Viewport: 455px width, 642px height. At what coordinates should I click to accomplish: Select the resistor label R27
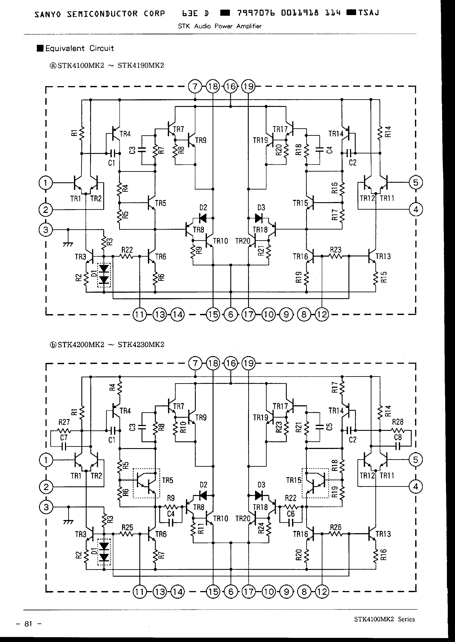pyautogui.click(x=64, y=422)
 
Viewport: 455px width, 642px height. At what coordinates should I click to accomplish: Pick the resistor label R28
pyautogui.click(x=397, y=422)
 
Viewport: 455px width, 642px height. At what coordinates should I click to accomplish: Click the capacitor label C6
pyautogui.click(x=291, y=514)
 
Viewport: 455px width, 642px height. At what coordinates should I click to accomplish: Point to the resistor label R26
pyautogui.click(x=335, y=527)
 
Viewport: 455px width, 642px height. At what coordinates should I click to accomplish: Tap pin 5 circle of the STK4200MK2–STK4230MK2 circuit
pyautogui.click(x=415, y=460)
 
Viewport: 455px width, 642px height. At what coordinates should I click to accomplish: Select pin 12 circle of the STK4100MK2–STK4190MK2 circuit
pyautogui.click(x=322, y=315)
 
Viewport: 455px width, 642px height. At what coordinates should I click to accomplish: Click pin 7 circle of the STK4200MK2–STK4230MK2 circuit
pyautogui.click(x=195, y=364)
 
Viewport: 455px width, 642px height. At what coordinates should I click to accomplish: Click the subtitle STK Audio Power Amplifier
pyautogui.click(x=220, y=26)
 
